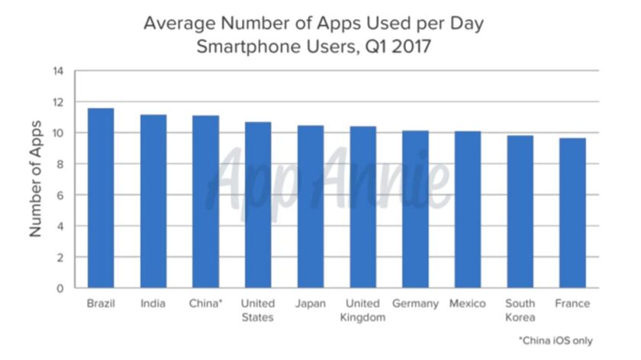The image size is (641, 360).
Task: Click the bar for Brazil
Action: pyautogui.click(x=101, y=198)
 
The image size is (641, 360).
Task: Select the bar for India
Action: pyautogui.click(x=153, y=201)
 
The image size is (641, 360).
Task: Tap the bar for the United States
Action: pyautogui.click(x=258, y=205)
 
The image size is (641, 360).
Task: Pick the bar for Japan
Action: pyautogui.click(x=311, y=207)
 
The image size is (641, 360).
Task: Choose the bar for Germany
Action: pyautogui.click(x=415, y=210)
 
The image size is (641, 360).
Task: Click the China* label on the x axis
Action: pyautogui.click(x=205, y=304)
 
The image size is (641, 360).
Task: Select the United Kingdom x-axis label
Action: pyautogui.click(x=362, y=310)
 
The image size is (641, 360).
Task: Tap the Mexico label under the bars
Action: pyautogui.click(x=468, y=304)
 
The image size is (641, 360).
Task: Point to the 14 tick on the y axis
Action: pyautogui.click(x=59, y=72)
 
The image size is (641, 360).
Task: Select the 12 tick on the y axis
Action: pyautogui.click(x=59, y=102)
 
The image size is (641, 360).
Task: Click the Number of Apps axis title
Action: pyautogui.click(x=35, y=179)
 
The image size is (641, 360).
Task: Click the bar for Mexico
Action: pyautogui.click(x=468, y=210)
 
